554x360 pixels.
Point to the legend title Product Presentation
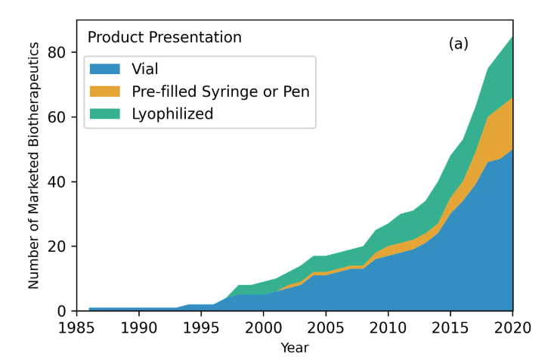point(165,37)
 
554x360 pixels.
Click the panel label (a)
point(459,44)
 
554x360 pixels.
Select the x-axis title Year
point(295,348)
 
